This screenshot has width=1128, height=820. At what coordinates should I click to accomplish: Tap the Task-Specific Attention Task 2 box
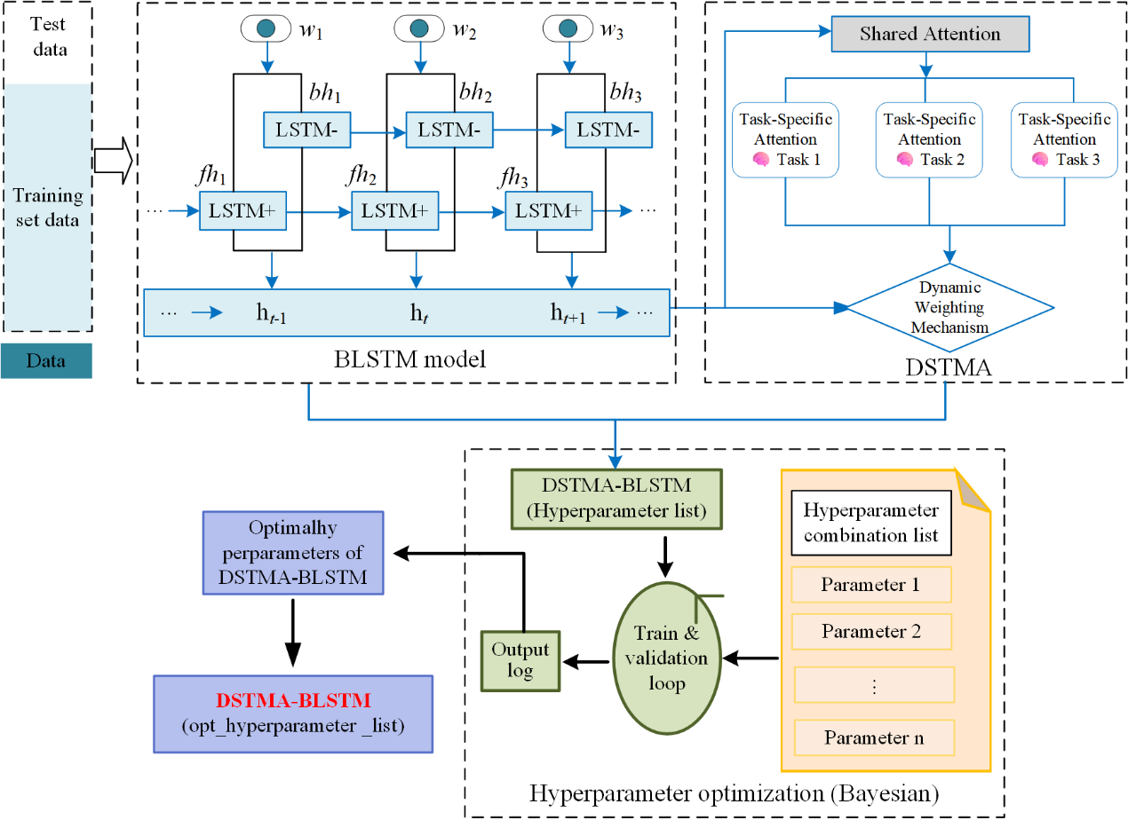(x=929, y=140)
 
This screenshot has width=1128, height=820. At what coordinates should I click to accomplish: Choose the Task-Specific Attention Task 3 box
(x=1064, y=140)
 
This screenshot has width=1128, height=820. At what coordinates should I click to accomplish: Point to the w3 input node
(x=565, y=28)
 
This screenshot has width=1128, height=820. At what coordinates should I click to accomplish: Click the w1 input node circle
(x=263, y=28)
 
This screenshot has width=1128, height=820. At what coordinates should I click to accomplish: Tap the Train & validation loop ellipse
(x=665, y=658)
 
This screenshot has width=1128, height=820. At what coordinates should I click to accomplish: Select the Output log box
(x=520, y=660)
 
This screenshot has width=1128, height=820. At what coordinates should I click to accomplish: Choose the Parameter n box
(x=874, y=737)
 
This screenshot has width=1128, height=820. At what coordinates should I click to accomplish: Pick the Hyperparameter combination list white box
(x=870, y=524)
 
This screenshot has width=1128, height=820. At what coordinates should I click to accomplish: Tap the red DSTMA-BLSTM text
(x=293, y=701)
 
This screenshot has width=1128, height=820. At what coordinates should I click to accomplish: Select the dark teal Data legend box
(x=46, y=361)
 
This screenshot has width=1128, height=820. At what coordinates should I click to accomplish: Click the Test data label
(x=49, y=35)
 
